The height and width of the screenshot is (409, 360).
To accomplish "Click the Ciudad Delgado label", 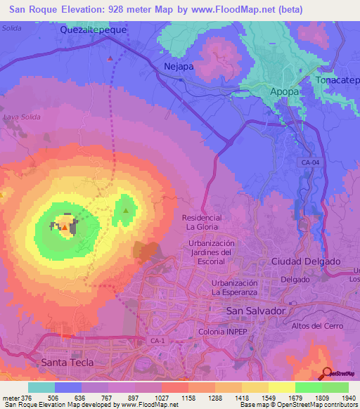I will coord(306,261).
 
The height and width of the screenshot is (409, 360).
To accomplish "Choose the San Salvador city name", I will coord(255,310).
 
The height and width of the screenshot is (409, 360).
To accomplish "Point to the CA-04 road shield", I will coord(309,162).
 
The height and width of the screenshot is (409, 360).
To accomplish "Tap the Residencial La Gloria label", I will coord(202,222).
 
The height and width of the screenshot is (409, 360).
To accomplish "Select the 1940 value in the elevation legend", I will coord(347,397).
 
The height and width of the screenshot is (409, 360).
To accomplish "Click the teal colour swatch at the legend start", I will coord(41,387).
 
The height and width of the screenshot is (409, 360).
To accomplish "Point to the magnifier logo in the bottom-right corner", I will coord(328,373).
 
